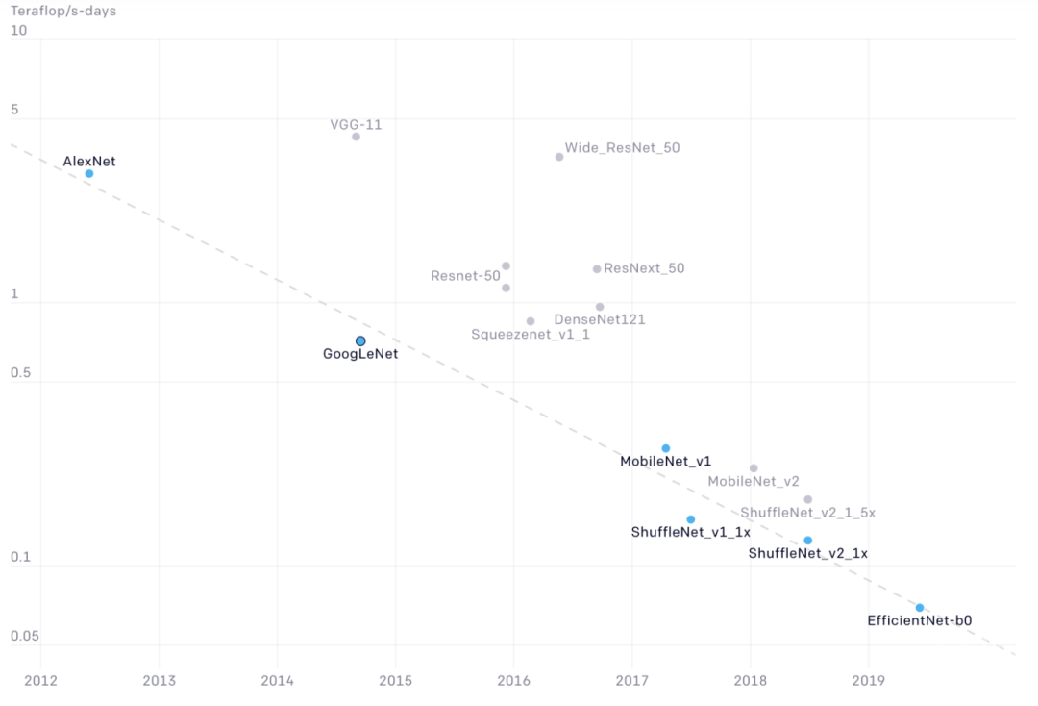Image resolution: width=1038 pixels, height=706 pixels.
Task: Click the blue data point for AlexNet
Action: coord(89,174)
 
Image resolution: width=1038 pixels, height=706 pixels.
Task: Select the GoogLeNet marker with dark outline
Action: coord(360,341)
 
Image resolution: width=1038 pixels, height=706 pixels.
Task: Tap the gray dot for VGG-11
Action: coord(356,137)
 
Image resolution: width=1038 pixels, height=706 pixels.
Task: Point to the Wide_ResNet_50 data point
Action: coord(559,157)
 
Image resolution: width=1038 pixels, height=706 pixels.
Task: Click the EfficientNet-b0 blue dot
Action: coord(920,608)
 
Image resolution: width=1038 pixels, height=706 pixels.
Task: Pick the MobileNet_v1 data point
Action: coord(665,448)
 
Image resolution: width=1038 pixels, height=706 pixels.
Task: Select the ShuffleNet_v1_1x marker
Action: coord(690,519)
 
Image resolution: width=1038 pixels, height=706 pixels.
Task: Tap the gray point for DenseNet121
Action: coord(600,307)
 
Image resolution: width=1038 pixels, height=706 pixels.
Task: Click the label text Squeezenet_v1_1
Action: coord(531,335)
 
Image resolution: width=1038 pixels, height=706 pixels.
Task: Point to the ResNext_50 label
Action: coord(644,268)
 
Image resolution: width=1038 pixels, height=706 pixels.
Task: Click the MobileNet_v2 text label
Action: coord(754,481)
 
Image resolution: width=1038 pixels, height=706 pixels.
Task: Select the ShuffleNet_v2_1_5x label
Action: coord(807,514)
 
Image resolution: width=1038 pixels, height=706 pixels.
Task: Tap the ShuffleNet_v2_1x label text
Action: coord(807,553)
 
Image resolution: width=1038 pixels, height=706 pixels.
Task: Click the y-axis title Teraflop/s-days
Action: coord(63,12)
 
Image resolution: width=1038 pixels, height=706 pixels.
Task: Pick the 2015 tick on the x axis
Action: coord(395,681)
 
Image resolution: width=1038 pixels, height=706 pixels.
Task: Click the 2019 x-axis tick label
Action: coord(868,681)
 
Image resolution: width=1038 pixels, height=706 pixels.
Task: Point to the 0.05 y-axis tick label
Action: coord(25,637)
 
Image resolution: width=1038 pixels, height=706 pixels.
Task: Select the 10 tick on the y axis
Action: coord(18,31)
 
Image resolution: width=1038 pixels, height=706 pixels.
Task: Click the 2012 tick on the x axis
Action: coord(40,681)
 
